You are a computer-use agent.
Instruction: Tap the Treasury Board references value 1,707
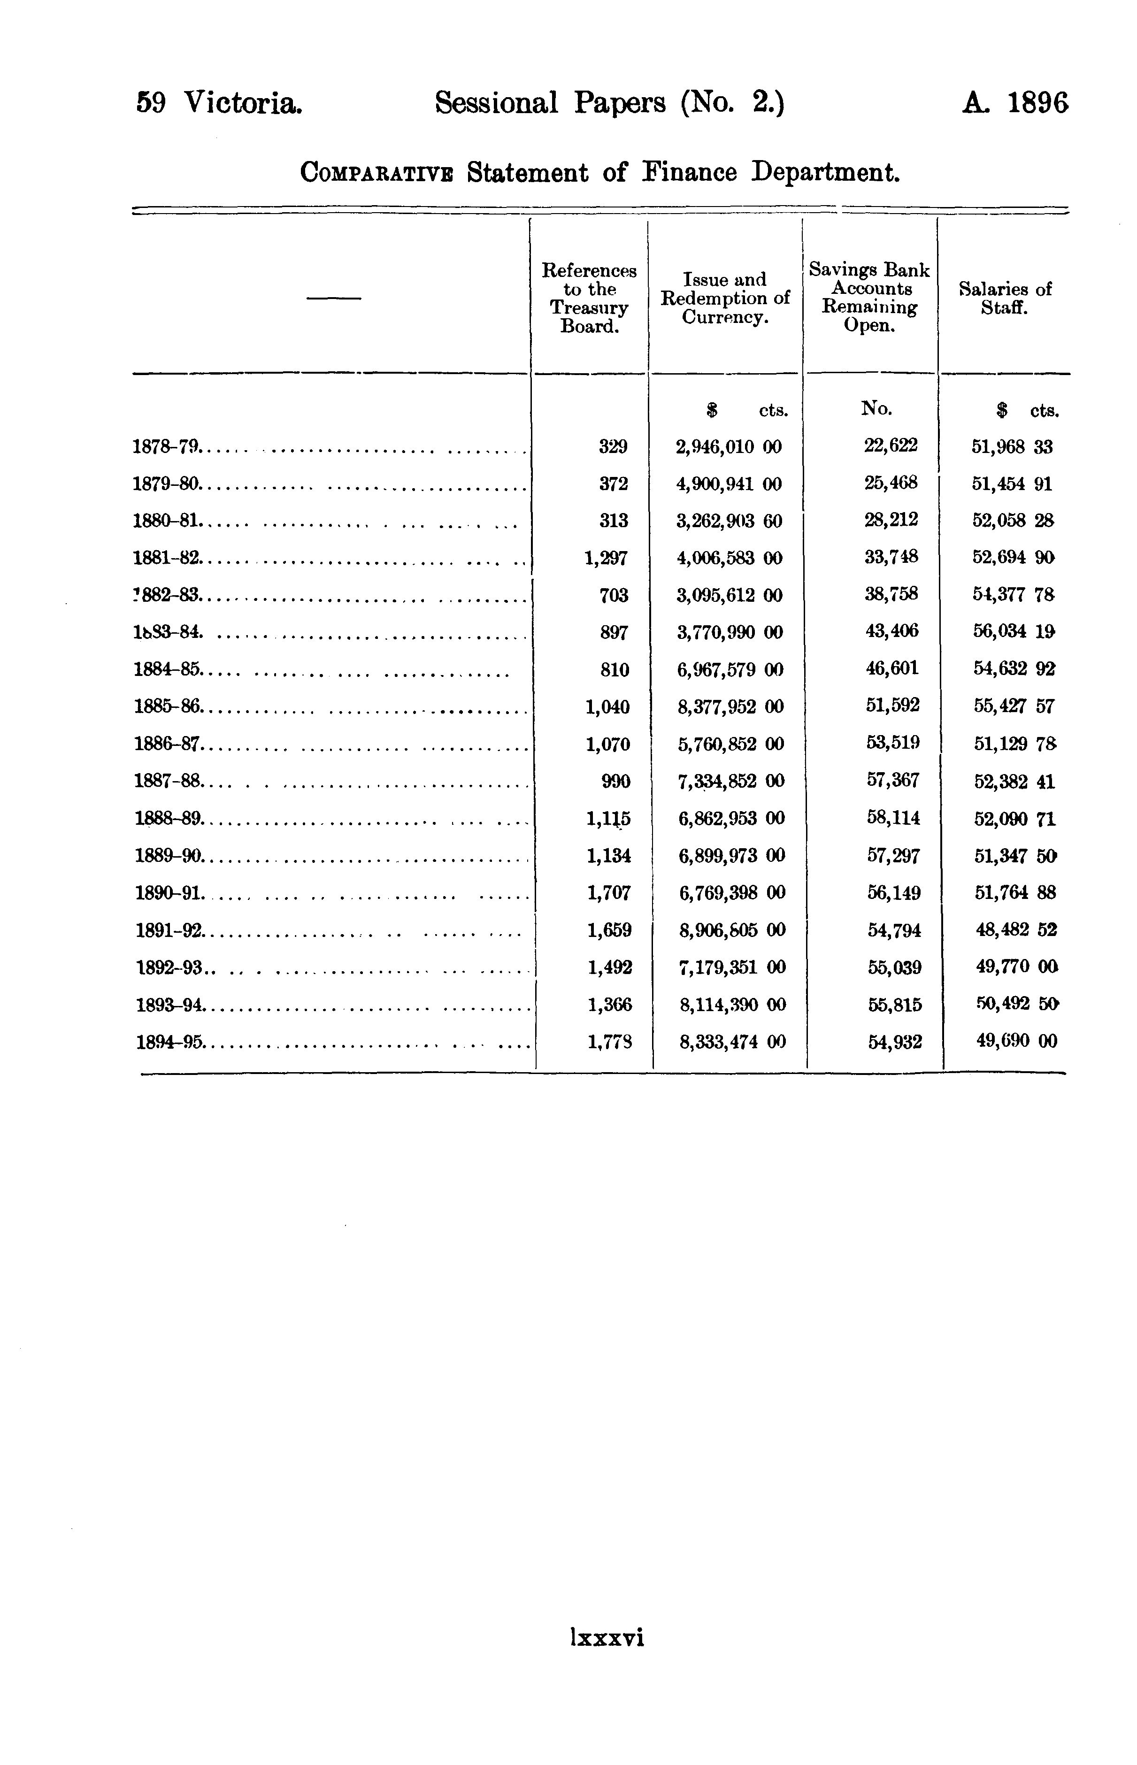609,893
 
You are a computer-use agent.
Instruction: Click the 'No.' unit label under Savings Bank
876,408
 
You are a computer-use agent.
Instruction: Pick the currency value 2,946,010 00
729,446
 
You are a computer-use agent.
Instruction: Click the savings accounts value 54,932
895,1042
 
